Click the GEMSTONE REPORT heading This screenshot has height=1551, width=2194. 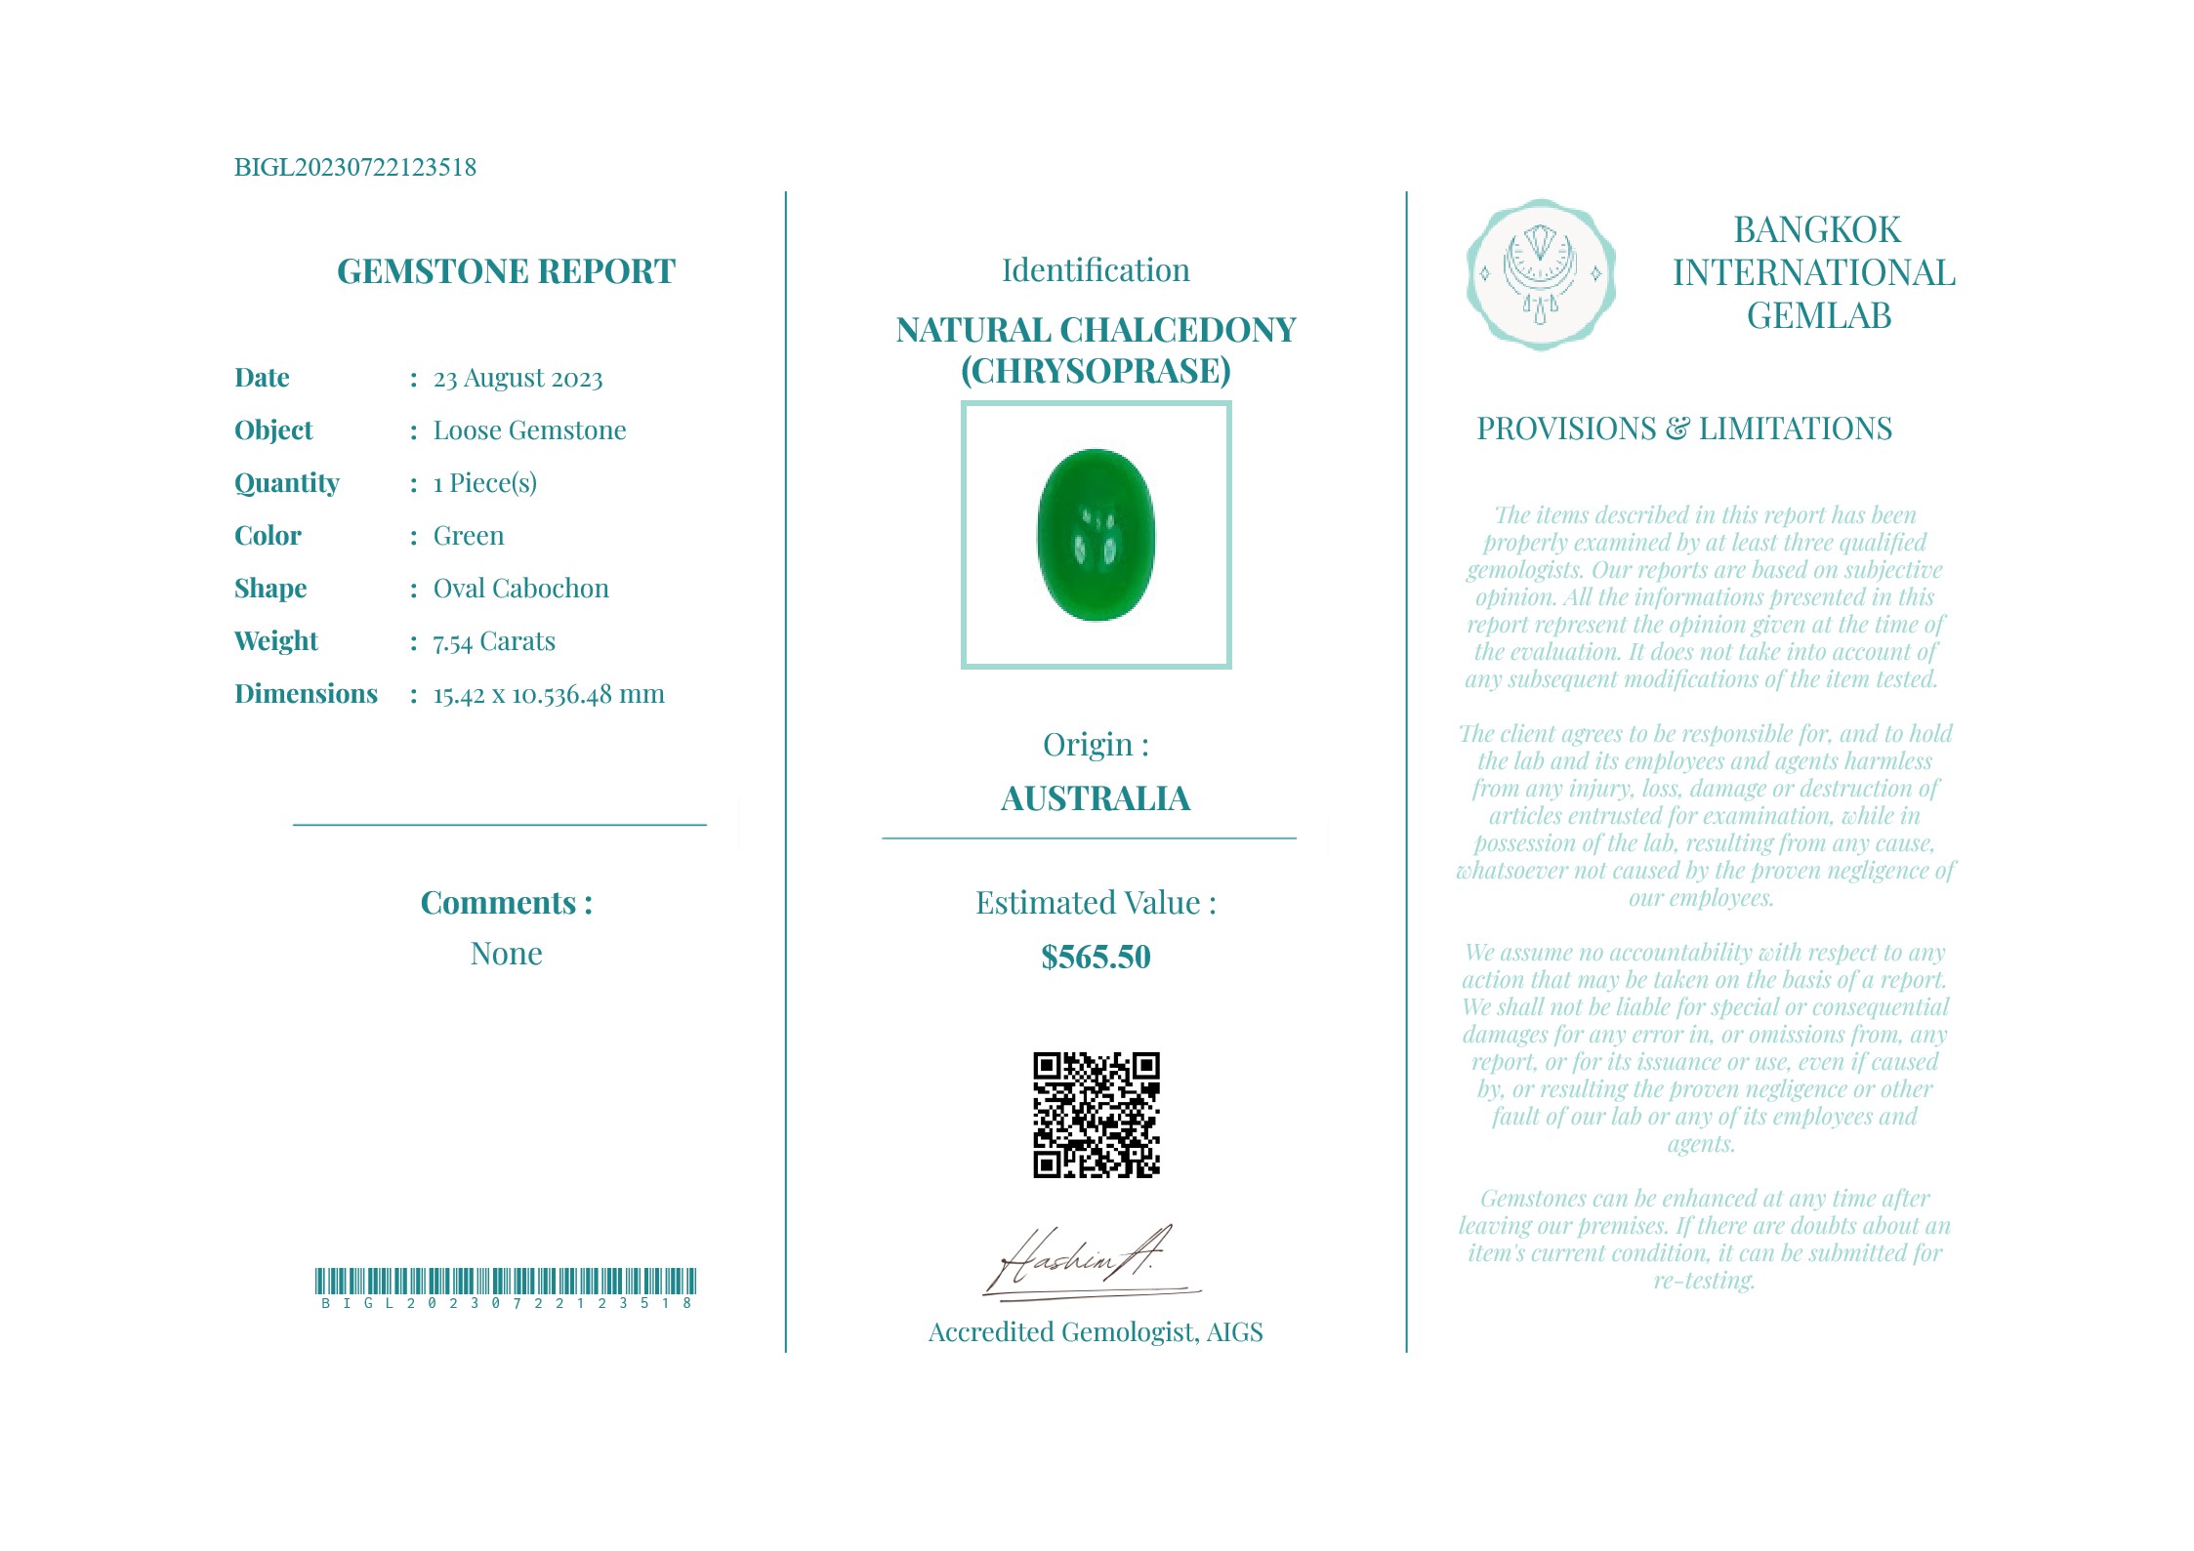point(506,271)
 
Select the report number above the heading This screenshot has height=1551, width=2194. point(355,167)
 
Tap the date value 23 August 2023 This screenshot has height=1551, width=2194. point(517,378)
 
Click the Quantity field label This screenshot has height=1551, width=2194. point(287,483)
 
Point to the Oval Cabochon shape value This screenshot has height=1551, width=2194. point(520,589)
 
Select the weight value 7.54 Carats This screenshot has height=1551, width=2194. point(494,641)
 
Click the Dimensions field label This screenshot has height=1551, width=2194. point(306,694)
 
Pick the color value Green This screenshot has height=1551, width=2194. point(469,536)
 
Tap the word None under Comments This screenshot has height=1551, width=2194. point(506,954)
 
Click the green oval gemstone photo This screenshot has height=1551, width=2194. point(1096,535)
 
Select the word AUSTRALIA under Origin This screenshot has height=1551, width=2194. point(1096,798)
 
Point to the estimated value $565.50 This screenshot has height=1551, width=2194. point(1096,957)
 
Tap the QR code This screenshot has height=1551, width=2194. point(1096,1115)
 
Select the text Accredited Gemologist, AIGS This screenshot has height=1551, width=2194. point(1096,1332)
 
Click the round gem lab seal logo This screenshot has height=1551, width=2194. point(1541,274)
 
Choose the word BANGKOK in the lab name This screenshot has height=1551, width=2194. point(1817,230)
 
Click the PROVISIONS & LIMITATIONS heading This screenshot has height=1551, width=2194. point(1684,429)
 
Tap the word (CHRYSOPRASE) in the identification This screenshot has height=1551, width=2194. point(1096,371)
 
